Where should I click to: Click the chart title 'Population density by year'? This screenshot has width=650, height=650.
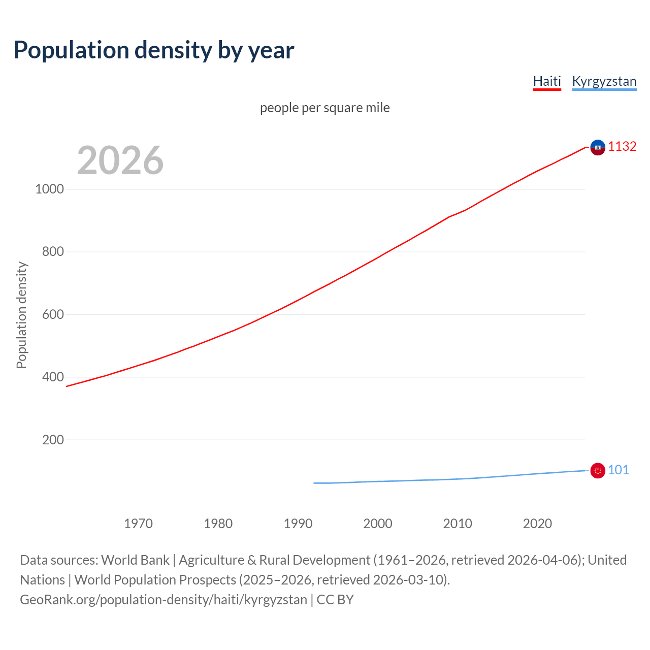point(154,50)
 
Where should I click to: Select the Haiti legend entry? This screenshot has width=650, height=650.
point(547,81)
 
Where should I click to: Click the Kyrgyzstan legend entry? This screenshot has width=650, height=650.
point(604,81)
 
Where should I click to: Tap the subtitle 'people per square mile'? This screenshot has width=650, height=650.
point(324,108)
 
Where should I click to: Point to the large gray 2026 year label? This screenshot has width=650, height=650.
point(120,160)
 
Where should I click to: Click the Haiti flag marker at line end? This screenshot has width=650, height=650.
point(598,147)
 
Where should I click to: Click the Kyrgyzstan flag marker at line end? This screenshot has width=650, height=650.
point(598,471)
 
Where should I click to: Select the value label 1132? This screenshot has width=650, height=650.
point(622,147)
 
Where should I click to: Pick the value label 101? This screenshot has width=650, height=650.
point(618,470)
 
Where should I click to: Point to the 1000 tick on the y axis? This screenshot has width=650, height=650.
point(50,189)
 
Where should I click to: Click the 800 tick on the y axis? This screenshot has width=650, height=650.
point(53,252)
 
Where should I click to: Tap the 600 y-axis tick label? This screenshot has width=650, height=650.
point(53,315)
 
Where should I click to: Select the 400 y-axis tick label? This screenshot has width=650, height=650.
point(53,377)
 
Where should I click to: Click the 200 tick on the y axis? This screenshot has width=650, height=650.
point(53,440)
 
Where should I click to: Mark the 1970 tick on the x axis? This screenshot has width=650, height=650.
point(138,524)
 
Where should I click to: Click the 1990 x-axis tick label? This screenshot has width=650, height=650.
point(298,524)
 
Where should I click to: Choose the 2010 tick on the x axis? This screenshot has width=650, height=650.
point(458,524)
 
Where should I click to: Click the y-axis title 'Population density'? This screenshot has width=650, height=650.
point(21,315)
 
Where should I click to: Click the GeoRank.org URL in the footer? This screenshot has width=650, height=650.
point(164,600)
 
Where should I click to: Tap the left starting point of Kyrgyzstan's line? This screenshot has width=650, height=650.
point(314,483)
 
